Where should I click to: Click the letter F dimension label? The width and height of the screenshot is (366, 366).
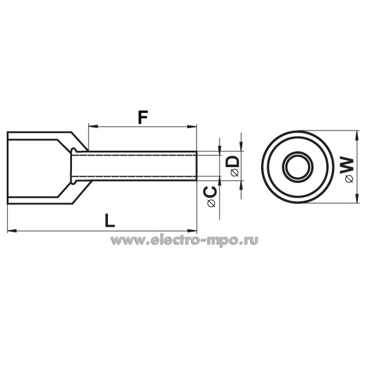(143, 117)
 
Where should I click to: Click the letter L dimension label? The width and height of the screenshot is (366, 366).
(110, 221)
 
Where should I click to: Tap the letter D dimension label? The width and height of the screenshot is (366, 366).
(233, 162)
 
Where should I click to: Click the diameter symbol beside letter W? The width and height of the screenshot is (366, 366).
(350, 179)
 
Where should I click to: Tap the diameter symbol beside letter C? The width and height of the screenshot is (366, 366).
(212, 204)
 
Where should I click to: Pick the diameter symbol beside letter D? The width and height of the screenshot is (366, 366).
(234, 173)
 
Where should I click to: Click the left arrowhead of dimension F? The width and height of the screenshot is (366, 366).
(93, 126)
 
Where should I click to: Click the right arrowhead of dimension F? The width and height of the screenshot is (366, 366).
(192, 126)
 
